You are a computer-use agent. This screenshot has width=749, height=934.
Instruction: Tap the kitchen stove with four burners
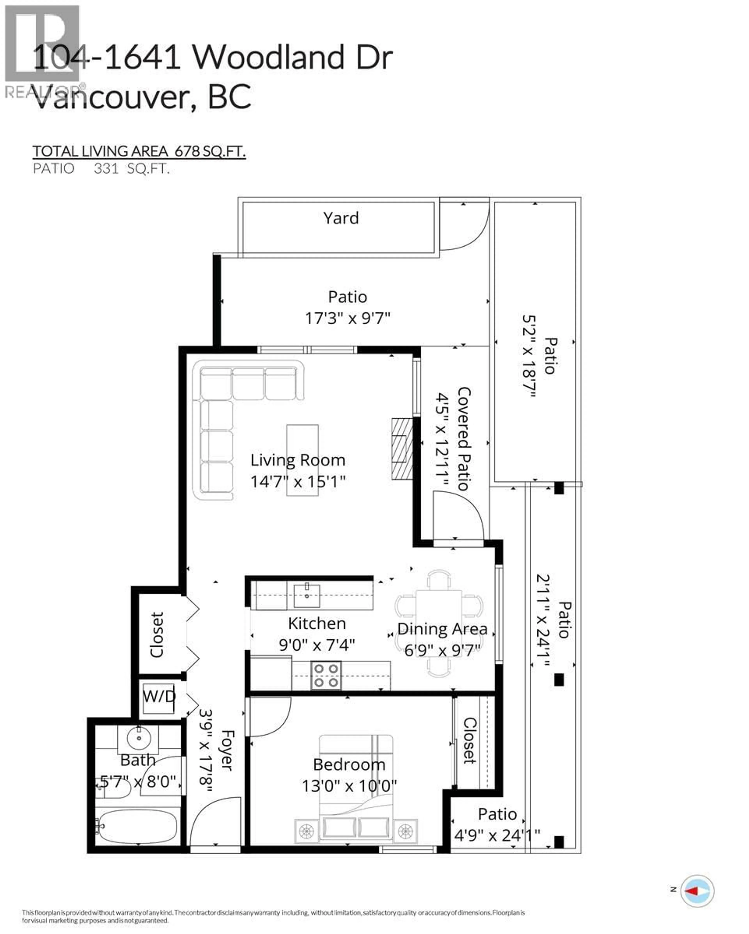(326, 675)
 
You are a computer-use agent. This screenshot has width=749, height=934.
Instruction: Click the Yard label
(341, 218)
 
